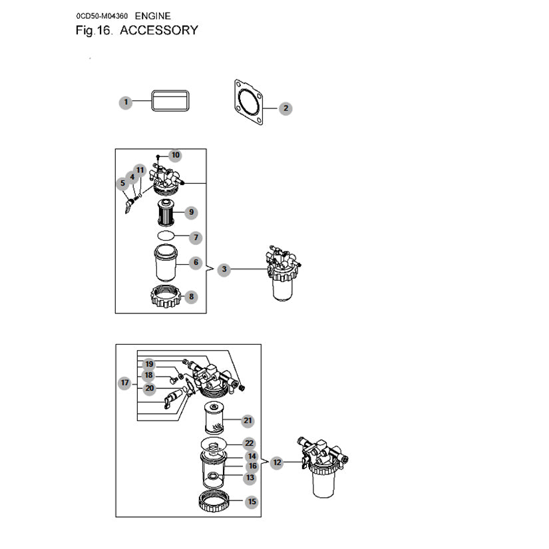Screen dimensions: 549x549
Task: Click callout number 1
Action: coord(126,102)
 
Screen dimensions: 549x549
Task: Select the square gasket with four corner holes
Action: coord(249,102)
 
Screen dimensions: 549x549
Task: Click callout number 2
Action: coord(285,108)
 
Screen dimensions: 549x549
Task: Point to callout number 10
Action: coord(175,155)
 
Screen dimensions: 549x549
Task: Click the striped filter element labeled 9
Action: coord(166,212)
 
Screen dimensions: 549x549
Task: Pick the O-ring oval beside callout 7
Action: coord(166,236)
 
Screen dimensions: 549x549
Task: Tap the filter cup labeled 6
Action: coord(166,263)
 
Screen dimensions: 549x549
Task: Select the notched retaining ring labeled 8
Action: coord(166,296)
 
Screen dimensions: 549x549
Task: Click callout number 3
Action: coord(224,270)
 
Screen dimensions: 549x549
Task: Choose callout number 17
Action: coord(124,383)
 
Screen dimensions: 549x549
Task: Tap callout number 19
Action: coord(149,364)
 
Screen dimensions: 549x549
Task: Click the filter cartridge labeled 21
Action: coord(214,419)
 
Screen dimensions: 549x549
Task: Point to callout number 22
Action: coord(249,443)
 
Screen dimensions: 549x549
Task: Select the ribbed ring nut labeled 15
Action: coord(214,500)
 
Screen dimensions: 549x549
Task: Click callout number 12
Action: coord(277,462)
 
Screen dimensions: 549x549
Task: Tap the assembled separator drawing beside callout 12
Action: coord(323,467)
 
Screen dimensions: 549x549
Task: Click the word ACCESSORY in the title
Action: coord(159,30)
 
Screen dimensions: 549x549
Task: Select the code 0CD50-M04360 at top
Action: coord(102,16)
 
